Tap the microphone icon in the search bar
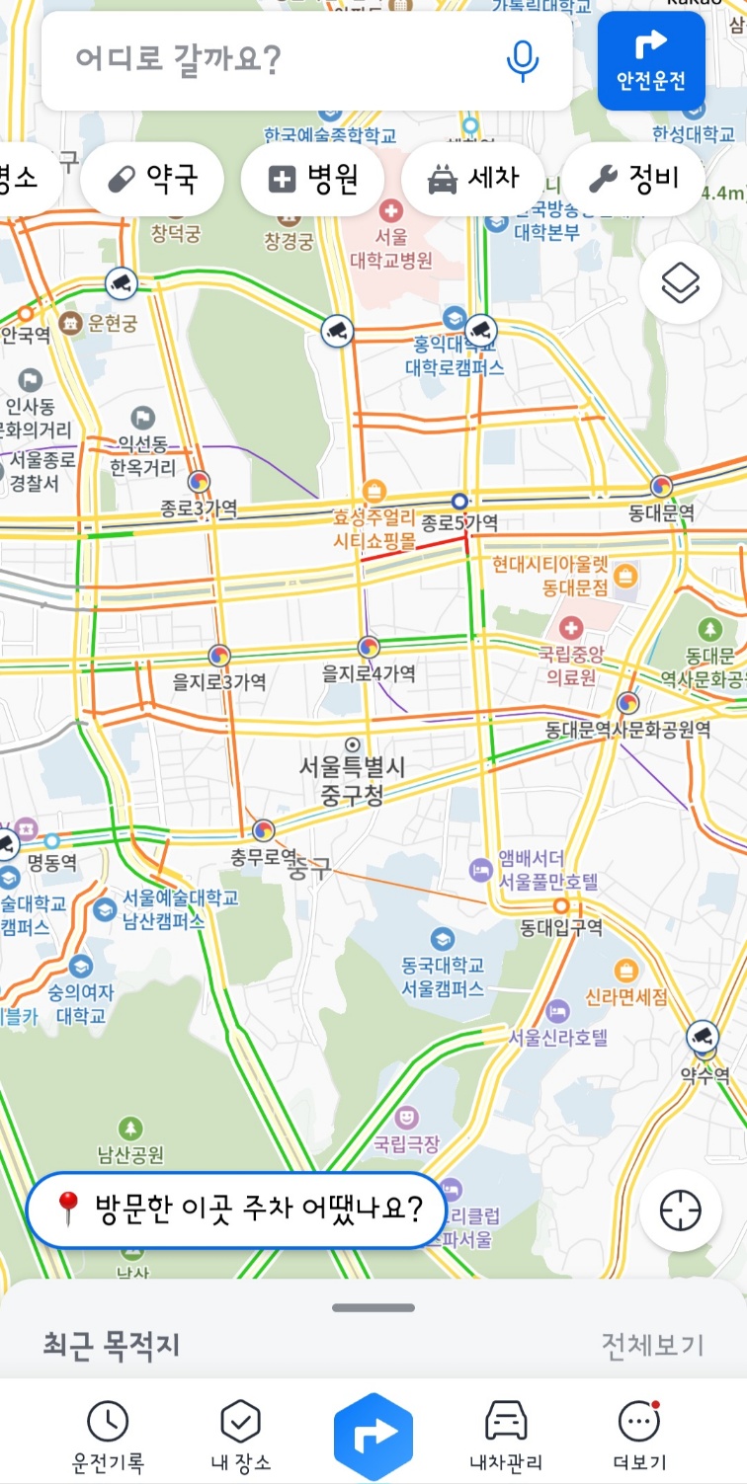[x=523, y=60]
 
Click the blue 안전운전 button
[x=651, y=60]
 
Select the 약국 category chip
[x=152, y=179]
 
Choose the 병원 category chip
[x=312, y=179]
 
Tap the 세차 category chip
[x=472, y=179]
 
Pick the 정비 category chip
[x=633, y=179]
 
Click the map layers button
[x=680, y=283]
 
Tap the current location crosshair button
[x=680, y=1211]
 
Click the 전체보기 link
[x=652, y=1345]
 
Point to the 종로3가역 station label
[x=199, y=508]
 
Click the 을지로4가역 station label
[x=369, y=673]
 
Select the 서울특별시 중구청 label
[x=352, y=780]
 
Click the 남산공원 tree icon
[x=130, y=1128]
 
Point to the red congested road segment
[x=413, y=549]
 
